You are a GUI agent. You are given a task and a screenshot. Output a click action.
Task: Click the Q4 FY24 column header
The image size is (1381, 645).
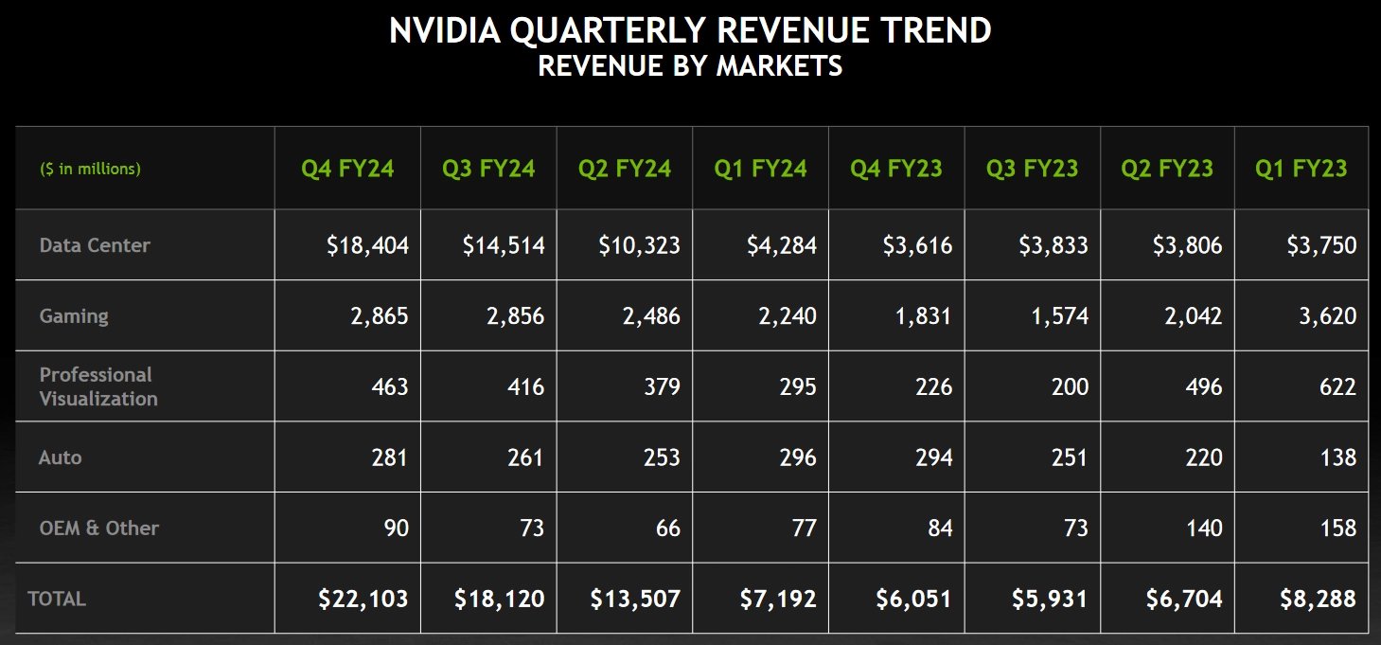click(347, 169)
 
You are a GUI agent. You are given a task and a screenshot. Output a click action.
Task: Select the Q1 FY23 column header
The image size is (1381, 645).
click(1301, 169)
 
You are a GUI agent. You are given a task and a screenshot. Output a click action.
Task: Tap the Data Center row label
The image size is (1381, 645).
click(95, 245)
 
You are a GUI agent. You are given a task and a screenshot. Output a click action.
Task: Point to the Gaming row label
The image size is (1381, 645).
click(74, 316)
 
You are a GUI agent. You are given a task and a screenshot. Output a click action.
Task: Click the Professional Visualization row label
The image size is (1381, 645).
click(98, 386)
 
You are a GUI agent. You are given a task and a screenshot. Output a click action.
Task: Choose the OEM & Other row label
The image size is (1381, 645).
click(99, 528)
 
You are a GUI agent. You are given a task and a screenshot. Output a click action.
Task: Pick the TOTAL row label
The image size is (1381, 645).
click(57, 599)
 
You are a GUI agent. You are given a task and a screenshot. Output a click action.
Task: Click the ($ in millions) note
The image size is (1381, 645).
click(90, 170)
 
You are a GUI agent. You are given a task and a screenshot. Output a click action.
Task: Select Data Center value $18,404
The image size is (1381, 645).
click(367, 246)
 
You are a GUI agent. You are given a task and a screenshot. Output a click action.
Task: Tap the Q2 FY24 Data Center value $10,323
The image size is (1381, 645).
click(639, 246)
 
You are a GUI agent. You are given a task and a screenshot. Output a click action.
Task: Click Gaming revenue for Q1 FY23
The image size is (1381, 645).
click(1327, 316)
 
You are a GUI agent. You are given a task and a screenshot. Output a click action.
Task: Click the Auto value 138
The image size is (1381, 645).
click(1337, 457)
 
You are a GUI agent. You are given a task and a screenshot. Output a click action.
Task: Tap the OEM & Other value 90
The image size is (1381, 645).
click(396, 529)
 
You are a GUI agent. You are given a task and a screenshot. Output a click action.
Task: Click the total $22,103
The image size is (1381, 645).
click(363, 600)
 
